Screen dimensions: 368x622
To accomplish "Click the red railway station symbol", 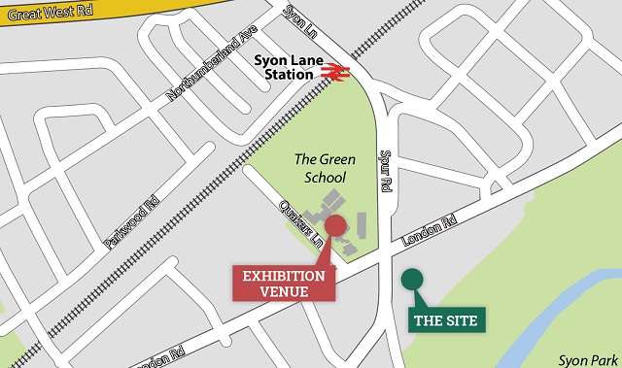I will click(x=336, y=71).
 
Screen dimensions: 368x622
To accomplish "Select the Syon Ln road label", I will click(x=297, y=20).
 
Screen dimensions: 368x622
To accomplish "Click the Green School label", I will click(x=326, y=168).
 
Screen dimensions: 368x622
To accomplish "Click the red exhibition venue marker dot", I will click(x=335, y=226).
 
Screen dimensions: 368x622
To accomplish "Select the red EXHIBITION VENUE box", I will click(x=284, y=284).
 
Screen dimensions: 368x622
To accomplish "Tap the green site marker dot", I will click(x=411, y=280).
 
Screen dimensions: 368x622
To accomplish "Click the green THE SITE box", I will click(x=446, y=319).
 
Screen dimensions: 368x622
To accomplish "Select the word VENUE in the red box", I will click(x=284, y=292).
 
